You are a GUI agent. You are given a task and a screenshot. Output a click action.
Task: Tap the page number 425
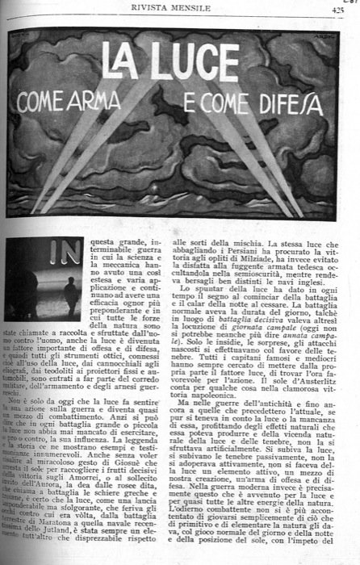(x=337, y=9)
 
